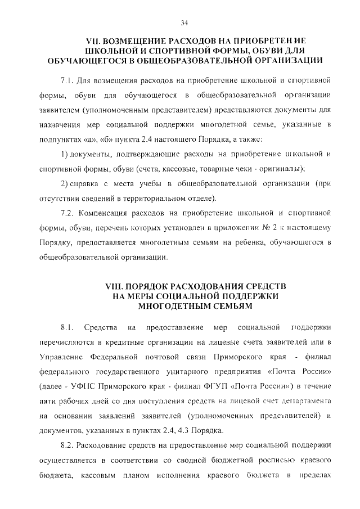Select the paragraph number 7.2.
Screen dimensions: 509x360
click(67, 214)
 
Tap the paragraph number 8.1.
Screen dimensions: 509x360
click(67, 327)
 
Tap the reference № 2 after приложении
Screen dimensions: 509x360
click(264, 227)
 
